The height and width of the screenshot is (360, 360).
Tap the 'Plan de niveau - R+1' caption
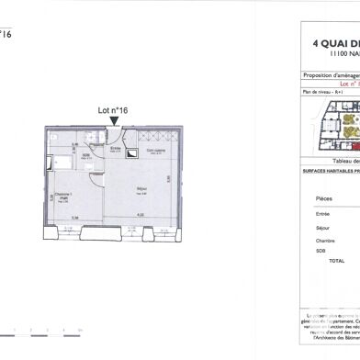[x=322, y=94]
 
